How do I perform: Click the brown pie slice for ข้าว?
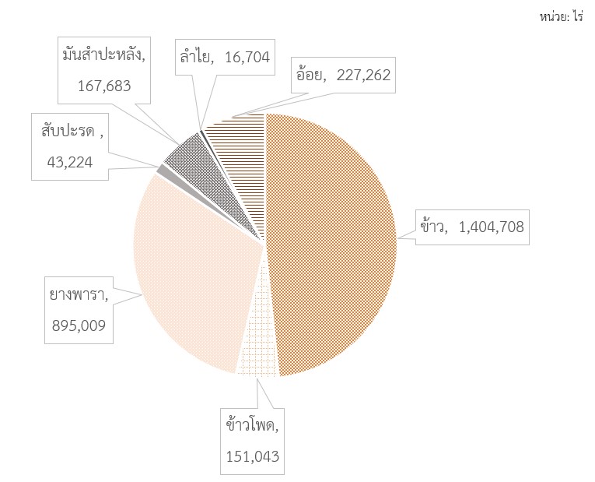point(334,241)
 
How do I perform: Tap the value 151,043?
point(252,456)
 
